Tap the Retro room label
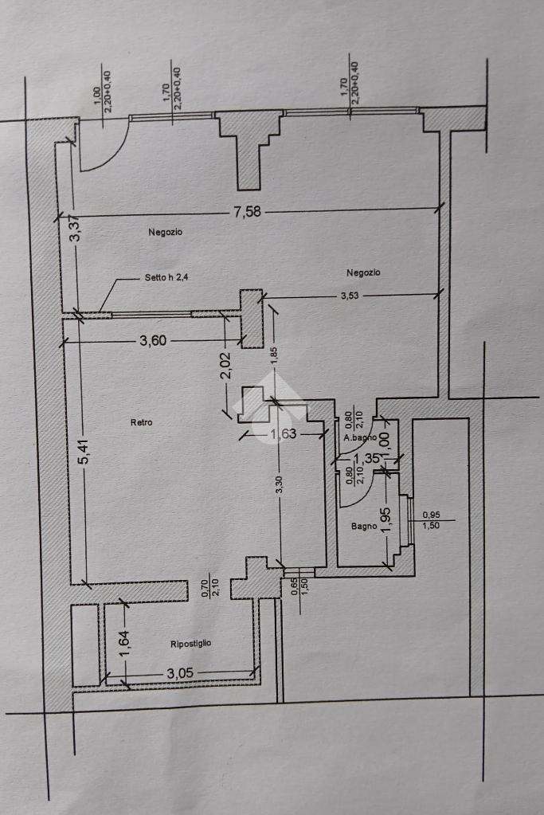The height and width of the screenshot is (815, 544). coord(141,422)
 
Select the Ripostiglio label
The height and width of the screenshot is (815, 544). coord(191,643)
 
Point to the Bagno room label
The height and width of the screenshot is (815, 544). coord(364,526)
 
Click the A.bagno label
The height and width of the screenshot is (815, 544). coord(360,438)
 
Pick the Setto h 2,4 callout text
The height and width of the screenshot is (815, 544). coord(166,277)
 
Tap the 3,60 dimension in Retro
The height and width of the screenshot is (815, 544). coord(153,341)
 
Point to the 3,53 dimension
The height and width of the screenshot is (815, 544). coord(350,296)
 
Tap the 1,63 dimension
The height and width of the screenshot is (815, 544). coord(284,434)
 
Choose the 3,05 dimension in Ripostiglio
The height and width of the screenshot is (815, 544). coord(179,675)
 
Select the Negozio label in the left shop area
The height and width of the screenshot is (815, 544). coord(166,232)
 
